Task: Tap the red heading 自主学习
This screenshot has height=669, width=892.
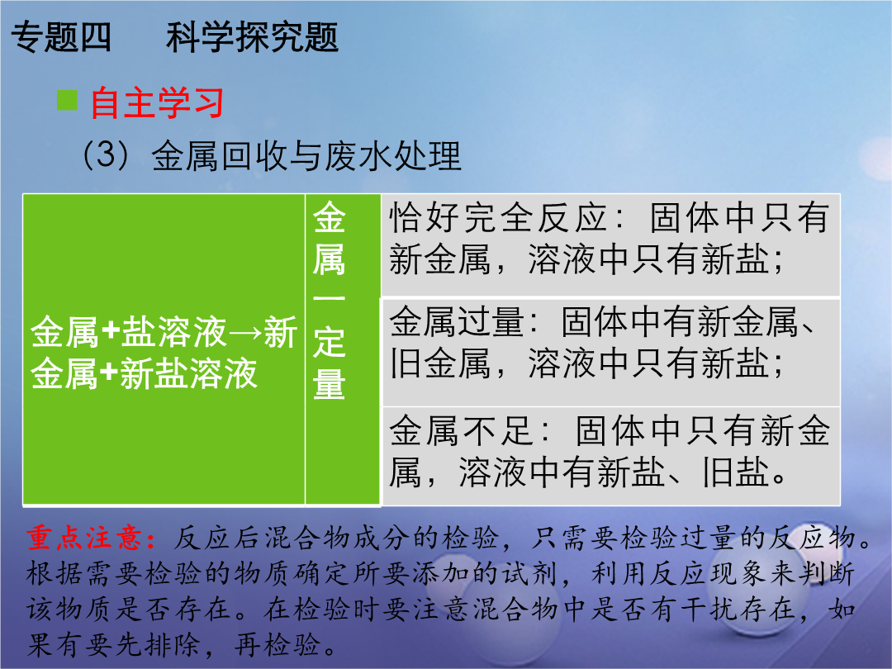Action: [157, 103]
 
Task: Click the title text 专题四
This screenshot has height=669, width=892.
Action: [61, 37]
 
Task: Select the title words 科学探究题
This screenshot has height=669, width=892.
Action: [253, 37]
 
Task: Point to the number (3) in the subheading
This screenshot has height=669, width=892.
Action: [107, 154]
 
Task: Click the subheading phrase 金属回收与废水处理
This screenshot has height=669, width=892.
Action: [306, 156]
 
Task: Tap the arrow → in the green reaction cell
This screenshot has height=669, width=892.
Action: [246, 333]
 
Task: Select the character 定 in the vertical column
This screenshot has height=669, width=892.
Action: [329, 342]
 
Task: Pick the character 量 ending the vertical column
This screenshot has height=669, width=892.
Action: [329, 383]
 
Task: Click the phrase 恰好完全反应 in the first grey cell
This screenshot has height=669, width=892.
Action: [498, 218]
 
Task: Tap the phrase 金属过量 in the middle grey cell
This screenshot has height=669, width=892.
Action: [457, 321]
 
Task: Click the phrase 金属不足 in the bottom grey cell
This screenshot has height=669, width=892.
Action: [462, 430]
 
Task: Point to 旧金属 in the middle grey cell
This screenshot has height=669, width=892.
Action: [439, 363]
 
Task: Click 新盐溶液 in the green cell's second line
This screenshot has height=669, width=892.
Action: [188, 374]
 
